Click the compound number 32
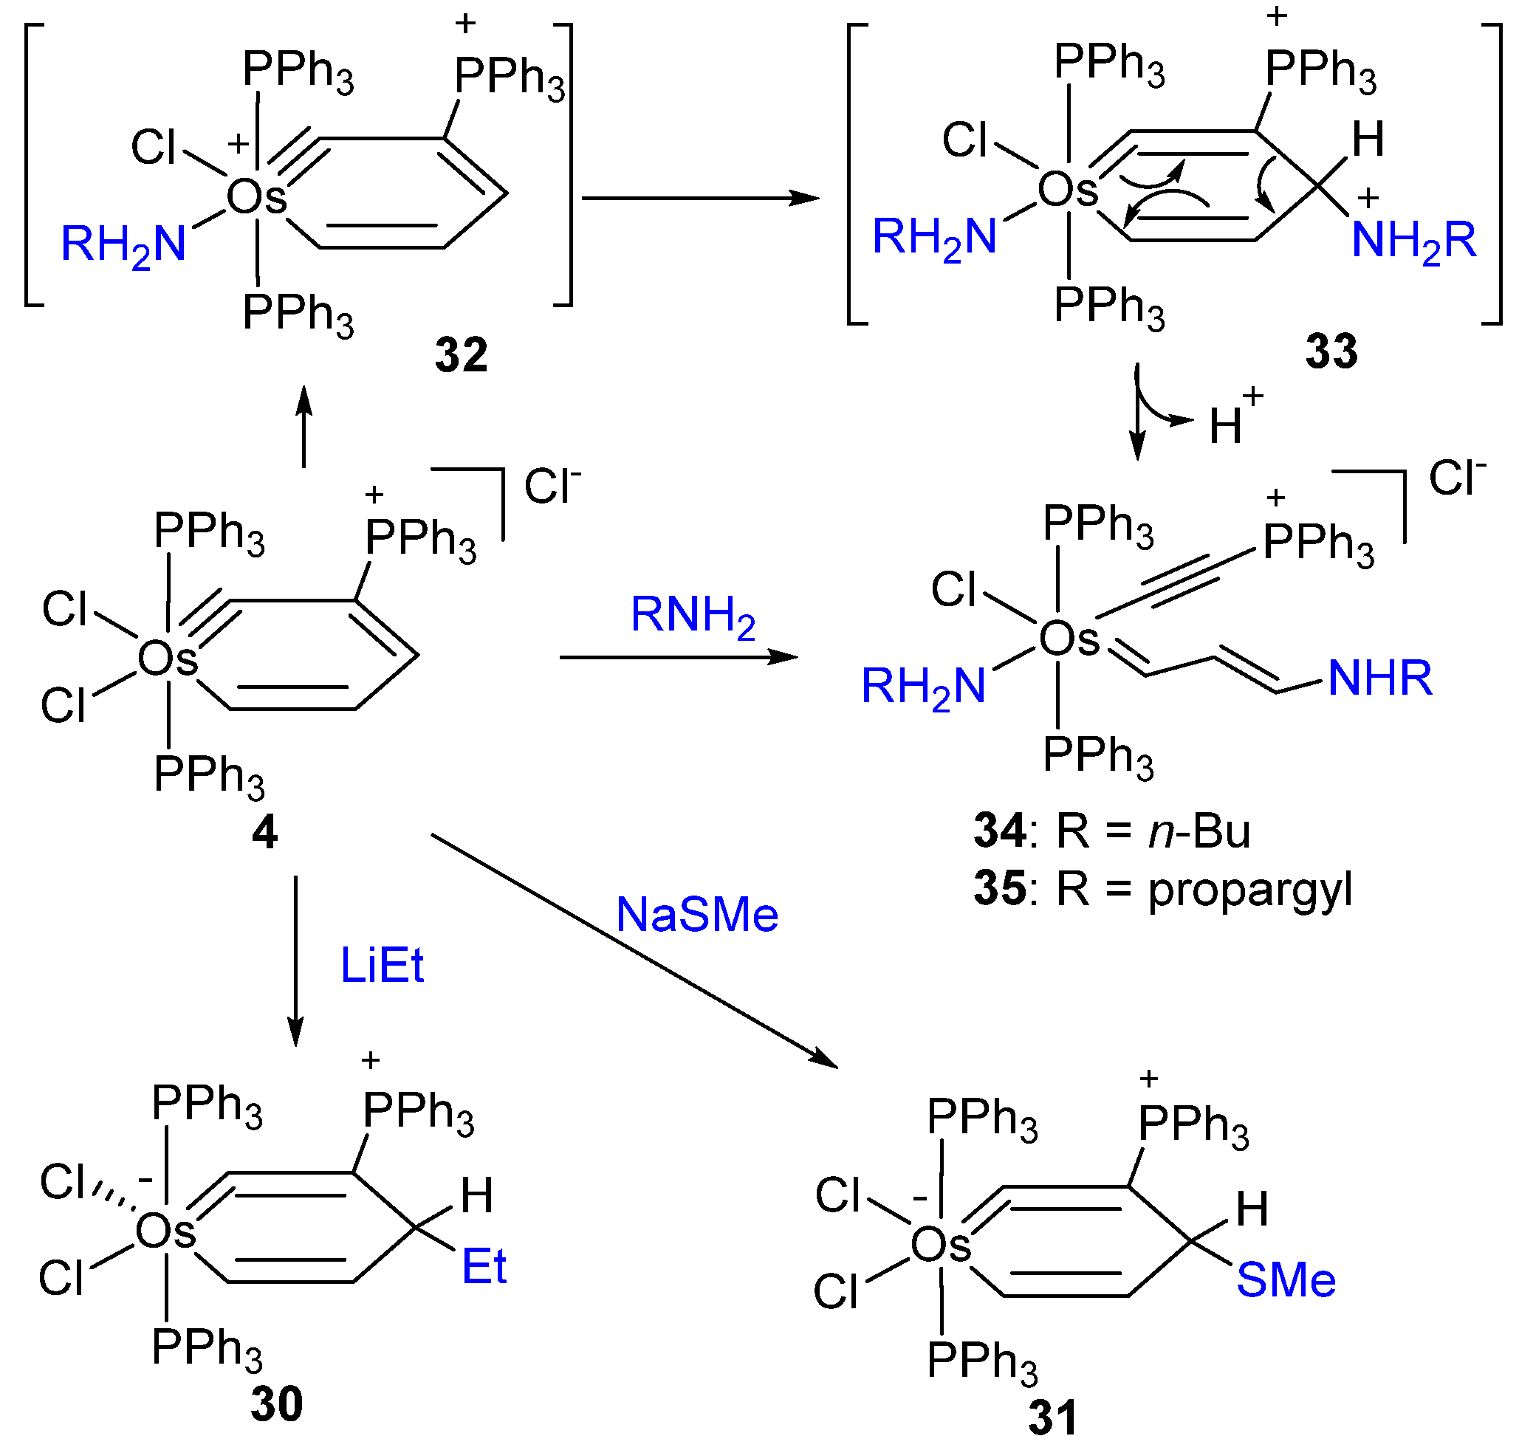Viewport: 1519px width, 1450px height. click(461, 356)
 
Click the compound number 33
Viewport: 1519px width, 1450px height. click(1331, 351)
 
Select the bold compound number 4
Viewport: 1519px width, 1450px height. click(264, 834)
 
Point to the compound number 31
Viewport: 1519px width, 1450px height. click(1053, 1418)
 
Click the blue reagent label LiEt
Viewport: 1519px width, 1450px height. click(382, 966)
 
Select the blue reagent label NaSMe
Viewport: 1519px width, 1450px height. click(696, 915)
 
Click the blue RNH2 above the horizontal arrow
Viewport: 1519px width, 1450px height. click(693, 616)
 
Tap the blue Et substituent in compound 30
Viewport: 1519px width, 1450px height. click(484, 1267)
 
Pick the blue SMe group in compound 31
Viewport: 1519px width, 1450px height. click(1286, 1280)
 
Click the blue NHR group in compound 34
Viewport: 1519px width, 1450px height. click(1380, 678)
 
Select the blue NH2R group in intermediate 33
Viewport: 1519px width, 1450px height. click(1413, 240)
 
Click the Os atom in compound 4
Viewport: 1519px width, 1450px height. click(168, 659)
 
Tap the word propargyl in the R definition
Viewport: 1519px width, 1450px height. click(1250, 890)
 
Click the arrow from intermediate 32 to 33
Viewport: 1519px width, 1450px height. click(699, 198)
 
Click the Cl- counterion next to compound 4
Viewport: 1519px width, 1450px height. click(552, 487)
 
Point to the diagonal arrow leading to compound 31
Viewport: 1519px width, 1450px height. click(634, 951)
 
